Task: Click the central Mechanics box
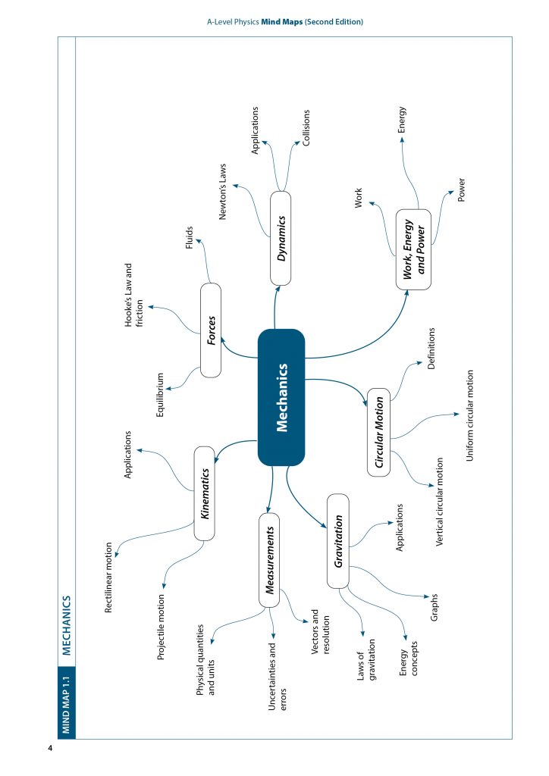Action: [x=281, y=397]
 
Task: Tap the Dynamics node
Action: [x=281, y=238]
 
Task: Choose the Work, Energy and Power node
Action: [x=413, y=249]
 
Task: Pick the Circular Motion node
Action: [x=379, y=433]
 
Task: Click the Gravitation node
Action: [x=337, y=541]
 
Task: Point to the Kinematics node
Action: [x=205, y=493]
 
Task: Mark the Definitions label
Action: [x=431, y=348]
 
